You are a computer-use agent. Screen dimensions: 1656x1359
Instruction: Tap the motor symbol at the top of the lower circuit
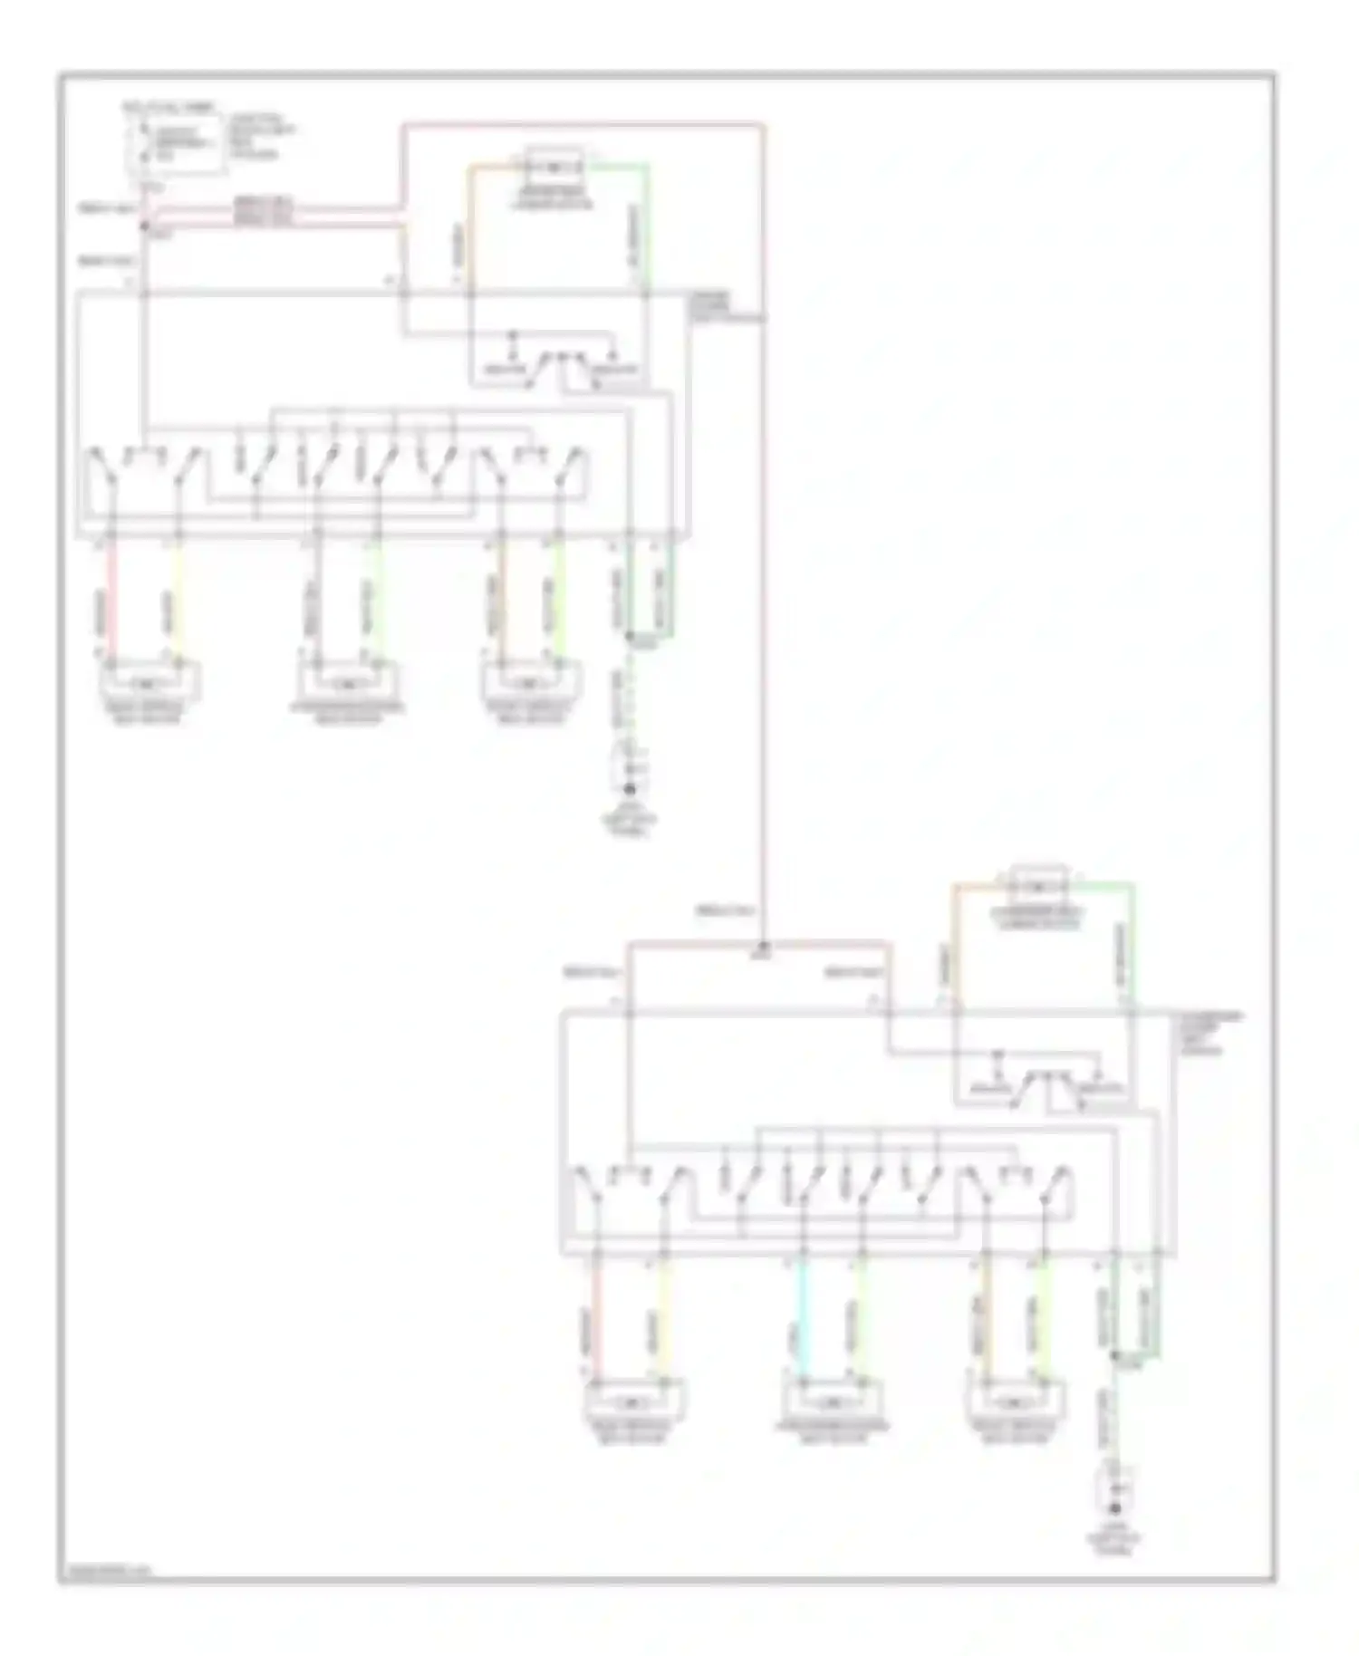pos(1039,883)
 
